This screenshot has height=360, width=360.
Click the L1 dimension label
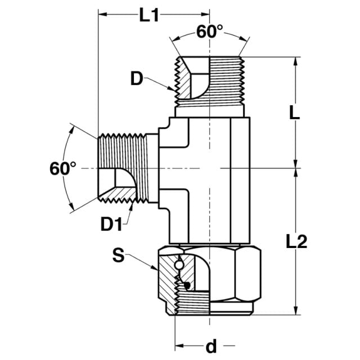click(149, 15)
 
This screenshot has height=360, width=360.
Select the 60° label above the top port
click(209, 31)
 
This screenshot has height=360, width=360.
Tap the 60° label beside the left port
click(62, 169)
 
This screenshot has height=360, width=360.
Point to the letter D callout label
click(137, 79)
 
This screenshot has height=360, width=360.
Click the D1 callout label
click(111, 224)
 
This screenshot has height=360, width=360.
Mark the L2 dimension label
click(296, 241)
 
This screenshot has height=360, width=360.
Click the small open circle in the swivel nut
click(178, 265)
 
